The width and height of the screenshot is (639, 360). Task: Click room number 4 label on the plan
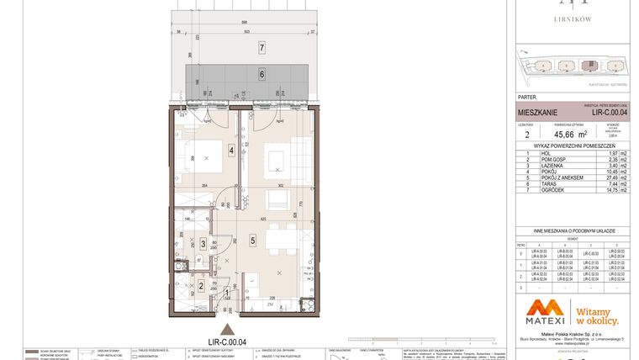[230, 151]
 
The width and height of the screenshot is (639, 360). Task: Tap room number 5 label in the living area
[252, 240]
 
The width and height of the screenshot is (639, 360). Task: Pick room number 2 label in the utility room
[201, 285]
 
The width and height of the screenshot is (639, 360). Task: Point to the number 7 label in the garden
[261, 47]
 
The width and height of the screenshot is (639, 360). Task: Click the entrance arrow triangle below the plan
[224, 330]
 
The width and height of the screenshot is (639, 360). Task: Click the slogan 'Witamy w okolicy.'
[598, 315]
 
